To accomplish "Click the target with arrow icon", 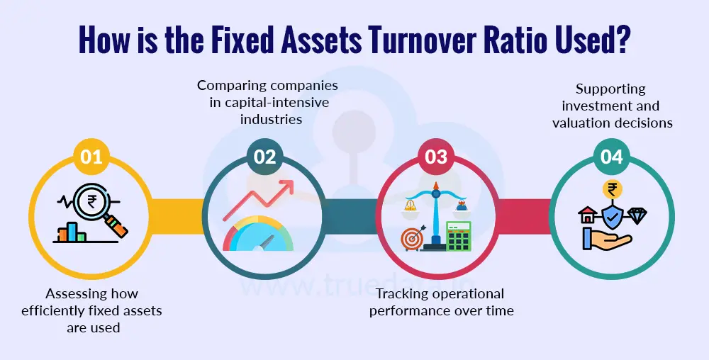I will [413, 238].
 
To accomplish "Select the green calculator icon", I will [458, 237].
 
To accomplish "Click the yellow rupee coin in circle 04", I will [610, 189].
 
